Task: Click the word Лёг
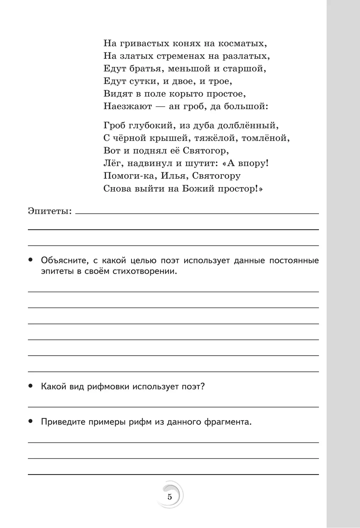tap(112, 163)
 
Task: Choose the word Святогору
tap(216, 176)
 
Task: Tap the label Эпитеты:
tap(50, 211)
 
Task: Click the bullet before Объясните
tap(30, 260)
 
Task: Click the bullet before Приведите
tap(30, 422)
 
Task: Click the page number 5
tap(170, 497)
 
